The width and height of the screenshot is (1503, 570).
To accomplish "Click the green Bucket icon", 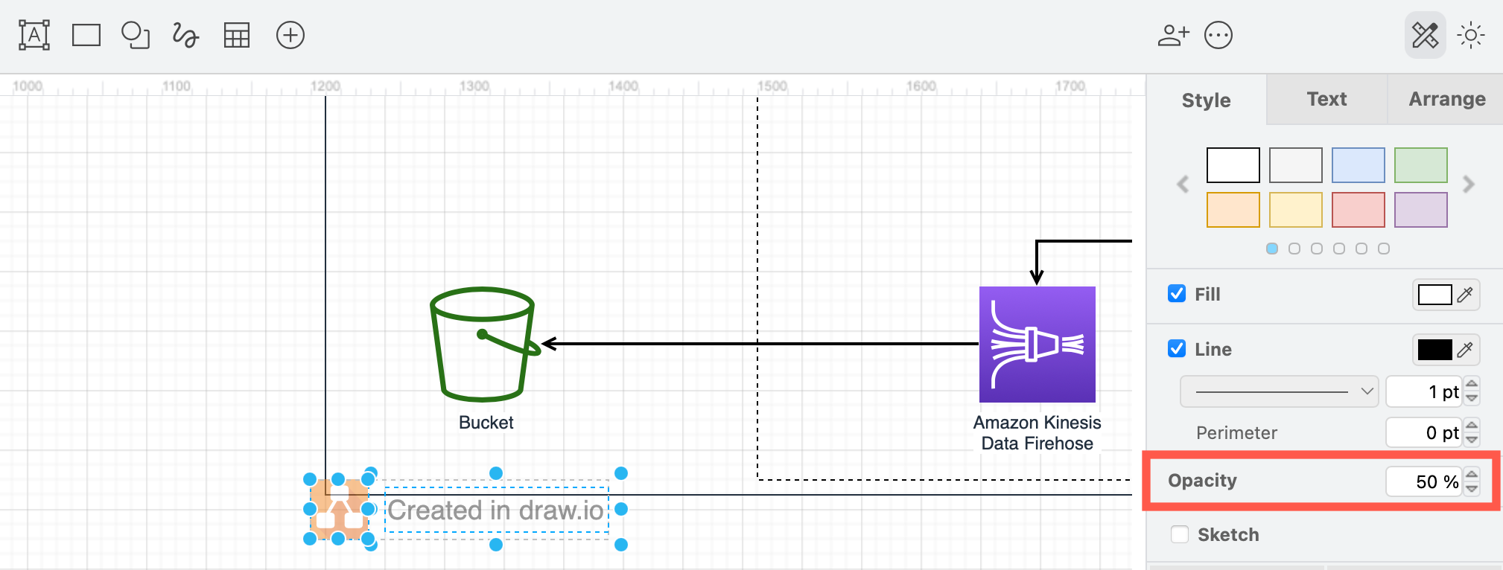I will (483, 345).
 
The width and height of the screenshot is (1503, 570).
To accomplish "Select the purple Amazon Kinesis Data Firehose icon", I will (1037, 345).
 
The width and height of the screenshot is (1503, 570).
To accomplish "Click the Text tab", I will (1326, 99).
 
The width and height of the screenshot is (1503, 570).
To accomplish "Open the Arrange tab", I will (1446, 99).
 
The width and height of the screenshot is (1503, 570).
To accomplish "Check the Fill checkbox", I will (1177, 294).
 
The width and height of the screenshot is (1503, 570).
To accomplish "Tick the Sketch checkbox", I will (1180, 534).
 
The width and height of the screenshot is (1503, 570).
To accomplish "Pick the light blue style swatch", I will (1358, 165).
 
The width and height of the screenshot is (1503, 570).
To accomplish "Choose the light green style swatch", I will (1420, 165).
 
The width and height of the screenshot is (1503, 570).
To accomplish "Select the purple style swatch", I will (1420, 210).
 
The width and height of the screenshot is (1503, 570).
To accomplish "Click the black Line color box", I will (1434, 350).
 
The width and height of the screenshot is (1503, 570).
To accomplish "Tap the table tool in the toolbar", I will (237, 35).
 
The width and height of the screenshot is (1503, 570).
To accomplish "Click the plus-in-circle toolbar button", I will (290, 35).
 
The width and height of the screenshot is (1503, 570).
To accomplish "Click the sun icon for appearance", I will (1471, 35).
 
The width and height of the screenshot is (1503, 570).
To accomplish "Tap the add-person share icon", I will (1173, 35).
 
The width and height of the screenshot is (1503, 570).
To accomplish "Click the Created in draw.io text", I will (496, 510).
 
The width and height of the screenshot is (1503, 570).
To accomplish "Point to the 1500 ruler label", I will (772, 86).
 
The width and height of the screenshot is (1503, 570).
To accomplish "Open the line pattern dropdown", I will (1279, 391).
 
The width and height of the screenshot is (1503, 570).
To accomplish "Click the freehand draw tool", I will (185, 35).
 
